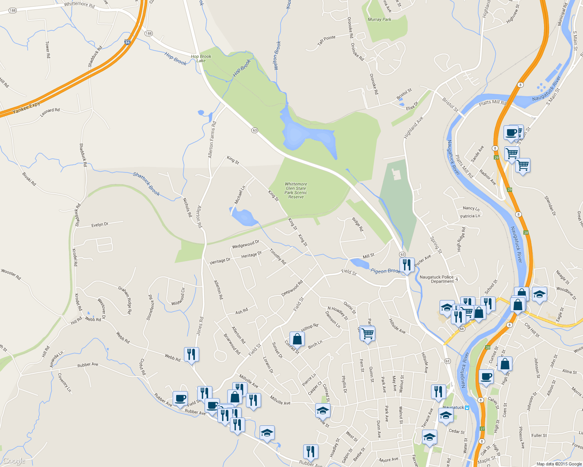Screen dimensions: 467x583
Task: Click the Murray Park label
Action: coord(379,19)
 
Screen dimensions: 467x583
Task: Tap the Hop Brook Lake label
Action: coord(201,58)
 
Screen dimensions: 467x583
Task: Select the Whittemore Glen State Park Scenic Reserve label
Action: coord(296,190)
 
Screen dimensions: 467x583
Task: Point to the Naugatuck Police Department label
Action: coord(437,279)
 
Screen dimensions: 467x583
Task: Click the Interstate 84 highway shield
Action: coord(127,42)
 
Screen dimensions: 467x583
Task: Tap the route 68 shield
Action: coord(462,329)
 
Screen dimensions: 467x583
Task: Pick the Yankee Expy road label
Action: coord(26,108)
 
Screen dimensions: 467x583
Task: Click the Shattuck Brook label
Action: coord(147,184)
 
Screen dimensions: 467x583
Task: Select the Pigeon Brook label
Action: coord(385,271)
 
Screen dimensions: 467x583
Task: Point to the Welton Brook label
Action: coord(277,56)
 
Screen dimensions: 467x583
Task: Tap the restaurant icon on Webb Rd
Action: coord(191,355)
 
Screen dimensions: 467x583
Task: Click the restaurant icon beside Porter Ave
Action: coord(406,265)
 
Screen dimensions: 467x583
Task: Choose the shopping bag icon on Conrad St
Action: coord(297,339)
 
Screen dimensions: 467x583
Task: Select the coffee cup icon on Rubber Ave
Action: coord(180,399)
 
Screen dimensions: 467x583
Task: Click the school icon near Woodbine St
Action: coord(540,294)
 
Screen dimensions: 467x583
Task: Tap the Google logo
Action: coord(14,461)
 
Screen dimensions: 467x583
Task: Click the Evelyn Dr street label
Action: coord(100,225)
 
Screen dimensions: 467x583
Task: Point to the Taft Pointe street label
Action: coord(326,40)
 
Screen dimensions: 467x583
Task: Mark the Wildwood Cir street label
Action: coord(178,297)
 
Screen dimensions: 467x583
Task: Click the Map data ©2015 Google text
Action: coord(559,464)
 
